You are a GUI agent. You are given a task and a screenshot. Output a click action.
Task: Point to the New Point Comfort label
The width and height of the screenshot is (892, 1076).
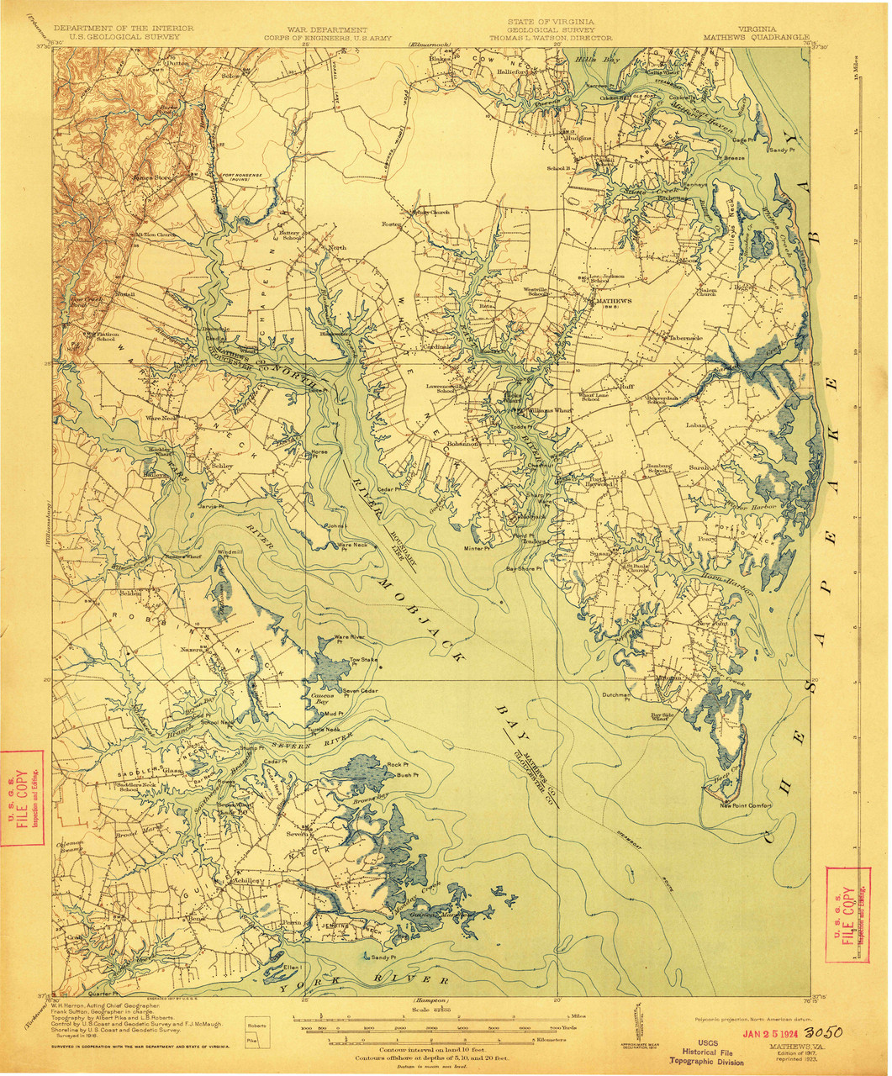tap(745, 805)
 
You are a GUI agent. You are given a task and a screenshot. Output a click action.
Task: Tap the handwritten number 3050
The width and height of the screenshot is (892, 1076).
tap(823, 1031)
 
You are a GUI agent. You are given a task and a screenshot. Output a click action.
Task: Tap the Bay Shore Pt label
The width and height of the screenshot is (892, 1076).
tap(523, 568)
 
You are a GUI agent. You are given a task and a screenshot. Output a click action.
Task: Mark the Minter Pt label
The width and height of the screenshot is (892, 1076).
tap(475, 548)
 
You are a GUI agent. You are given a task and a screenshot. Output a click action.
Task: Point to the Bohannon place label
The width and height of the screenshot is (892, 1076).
tap(463, 443)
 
